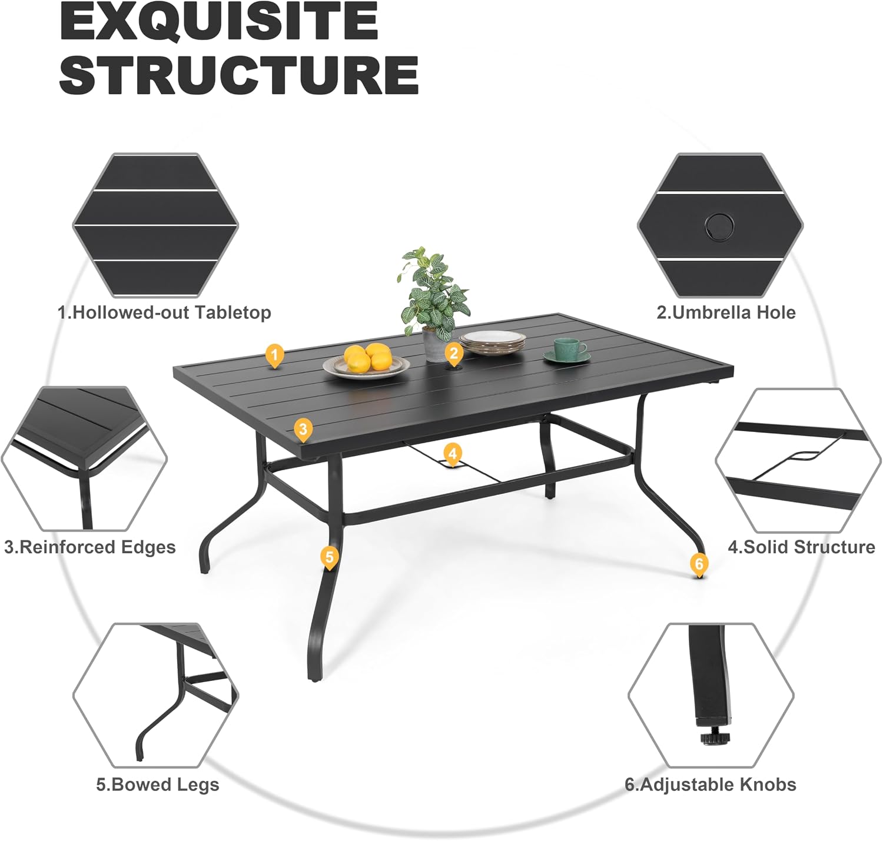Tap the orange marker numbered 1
pyautogui.click(x=274, y=356)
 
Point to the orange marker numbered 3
pyautogui.click(x=303, y=430)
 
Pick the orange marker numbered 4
pyautogui.click(x=453, y=455)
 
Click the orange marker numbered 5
pyautogui.click(x=330, y=558)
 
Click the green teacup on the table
pyautogui.click(x=567, y=350)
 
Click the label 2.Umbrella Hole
pyautogui.click(x=726, y=313)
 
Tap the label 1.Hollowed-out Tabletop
pyautogui.click(x=164, y=313)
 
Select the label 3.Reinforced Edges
pyautogui.click(x=90, y=547)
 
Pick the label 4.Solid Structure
pyautogui.click(x=801, y=547)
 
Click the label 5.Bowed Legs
pyautogui.click(x=158, y=785)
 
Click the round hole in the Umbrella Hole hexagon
pyautogui.click(x=719, y=226)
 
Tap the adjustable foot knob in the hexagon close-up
pyautogui.click(x=714, y=738)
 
